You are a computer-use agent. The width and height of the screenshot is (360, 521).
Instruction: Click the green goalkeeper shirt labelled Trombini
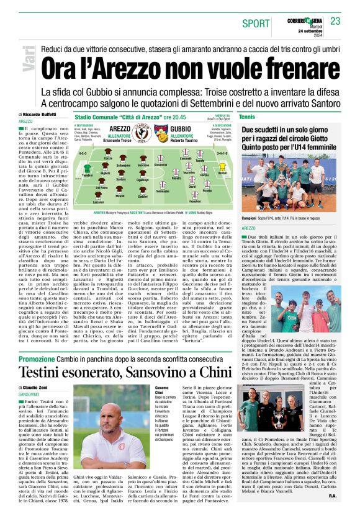pyautogui.click(x=86, y=169)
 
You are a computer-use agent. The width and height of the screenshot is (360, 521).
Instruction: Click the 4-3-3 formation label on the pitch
pyautogui.click(x=83, y=151)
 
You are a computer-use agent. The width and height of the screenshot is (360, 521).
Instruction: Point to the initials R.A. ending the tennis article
pyautogui.click(x=333, y=513)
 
